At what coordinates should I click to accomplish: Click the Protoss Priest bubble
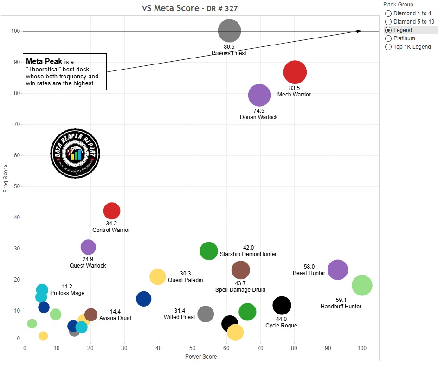229,31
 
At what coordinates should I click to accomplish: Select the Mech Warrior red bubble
295,72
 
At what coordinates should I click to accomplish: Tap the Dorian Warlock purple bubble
259,96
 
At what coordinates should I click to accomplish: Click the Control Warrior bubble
112,211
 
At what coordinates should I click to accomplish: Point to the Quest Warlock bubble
88,247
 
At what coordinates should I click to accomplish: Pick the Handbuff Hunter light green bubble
362,285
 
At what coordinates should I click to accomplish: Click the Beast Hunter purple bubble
337,269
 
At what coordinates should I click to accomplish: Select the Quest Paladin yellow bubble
158,277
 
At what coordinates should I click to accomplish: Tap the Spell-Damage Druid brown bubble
240,269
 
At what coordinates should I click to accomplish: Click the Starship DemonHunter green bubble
209,251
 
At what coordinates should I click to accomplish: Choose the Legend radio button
388,30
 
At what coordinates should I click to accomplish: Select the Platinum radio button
388,38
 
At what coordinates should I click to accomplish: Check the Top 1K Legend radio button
388,47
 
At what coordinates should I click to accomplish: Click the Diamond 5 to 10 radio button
388,22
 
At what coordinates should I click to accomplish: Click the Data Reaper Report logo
75,153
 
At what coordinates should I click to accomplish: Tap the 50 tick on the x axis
193,348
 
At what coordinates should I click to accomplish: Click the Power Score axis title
201,357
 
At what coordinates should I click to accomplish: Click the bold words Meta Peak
44,61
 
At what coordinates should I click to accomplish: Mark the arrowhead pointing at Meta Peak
359,31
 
